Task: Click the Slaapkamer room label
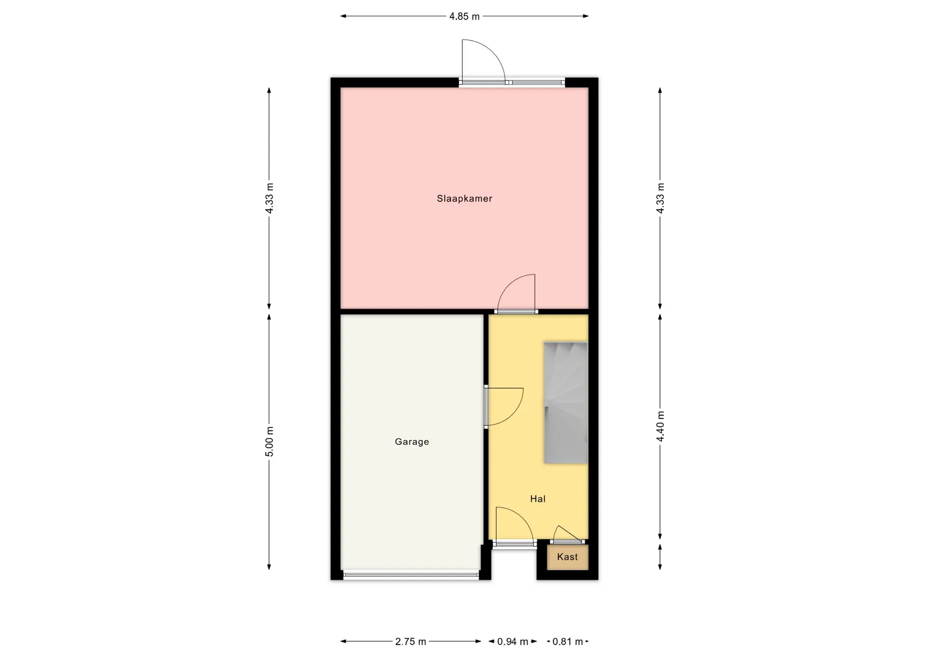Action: [464, 198]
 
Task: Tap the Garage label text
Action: [412, 442]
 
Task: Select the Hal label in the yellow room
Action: [538, 499]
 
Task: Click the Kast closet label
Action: [567, 557]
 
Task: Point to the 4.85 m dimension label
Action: [464, 16]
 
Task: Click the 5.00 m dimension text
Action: [270, 442]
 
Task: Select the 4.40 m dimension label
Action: [660, 426]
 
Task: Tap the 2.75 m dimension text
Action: [411, 642]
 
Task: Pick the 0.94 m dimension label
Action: [513, 642]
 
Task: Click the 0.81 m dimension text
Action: [568, 642]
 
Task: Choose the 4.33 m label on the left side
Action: [270, 198]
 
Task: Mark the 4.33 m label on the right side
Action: [660, 198]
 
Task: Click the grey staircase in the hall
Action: [566, 403]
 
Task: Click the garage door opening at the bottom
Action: [411, 576]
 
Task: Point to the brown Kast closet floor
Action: [568, 557]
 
